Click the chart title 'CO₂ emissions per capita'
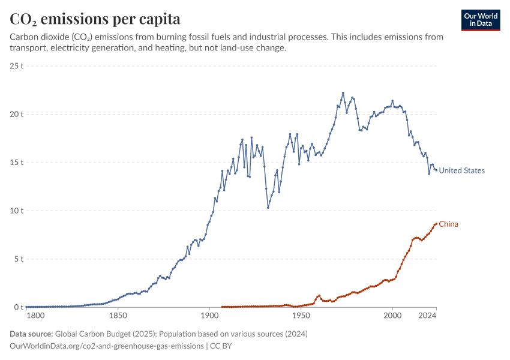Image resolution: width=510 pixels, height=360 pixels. tap(95, 19)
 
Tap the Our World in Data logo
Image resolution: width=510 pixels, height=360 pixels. tap(480, 20)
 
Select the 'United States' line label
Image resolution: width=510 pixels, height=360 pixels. tap(461, 170)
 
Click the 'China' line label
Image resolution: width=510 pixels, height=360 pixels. tap(448, 224)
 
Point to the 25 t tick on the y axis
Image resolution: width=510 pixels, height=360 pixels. tap(17, 65)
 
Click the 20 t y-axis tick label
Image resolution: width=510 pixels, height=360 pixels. tap(17, 114)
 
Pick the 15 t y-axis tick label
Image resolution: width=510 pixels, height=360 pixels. tap(17, 162)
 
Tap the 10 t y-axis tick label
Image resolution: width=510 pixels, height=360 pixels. tap(17, 211)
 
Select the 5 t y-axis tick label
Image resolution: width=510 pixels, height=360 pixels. tap(19, 259)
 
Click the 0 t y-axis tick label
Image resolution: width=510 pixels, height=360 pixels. tap(19, 307)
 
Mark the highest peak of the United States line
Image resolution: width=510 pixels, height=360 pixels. tap(343, 93)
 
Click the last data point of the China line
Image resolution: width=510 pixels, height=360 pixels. tap(436, 224)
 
